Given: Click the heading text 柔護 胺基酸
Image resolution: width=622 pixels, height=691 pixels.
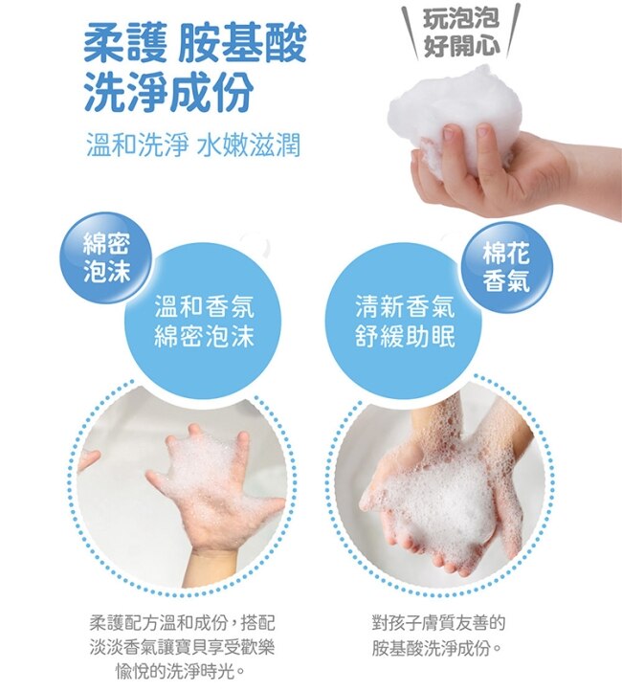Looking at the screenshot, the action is pyautogui.click(x=194, y=44).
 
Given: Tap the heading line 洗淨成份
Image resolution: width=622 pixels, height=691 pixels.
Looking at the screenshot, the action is pyautogui.click(x=168, y=92).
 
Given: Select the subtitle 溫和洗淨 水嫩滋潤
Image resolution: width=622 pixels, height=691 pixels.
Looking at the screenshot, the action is pyautogui.click(x=193, y=145).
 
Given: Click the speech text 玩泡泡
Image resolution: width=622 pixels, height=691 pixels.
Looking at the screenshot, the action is pyautogui.click(x=461, y=18).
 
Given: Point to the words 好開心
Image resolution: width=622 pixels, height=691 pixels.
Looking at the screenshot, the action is pyautogui.click(x=461, y=45).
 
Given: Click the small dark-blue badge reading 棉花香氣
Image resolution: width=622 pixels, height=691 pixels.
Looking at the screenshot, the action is pyautogui.click(x=506, y=267).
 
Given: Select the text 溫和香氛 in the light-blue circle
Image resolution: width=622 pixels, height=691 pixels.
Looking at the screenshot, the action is pyautogui.click(x=205, y=306).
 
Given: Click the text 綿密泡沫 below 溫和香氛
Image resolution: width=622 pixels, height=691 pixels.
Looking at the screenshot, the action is pyautogui.click(x=205, y=337).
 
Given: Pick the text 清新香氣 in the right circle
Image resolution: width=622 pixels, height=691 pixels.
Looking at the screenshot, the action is pyautogui.click(x=406, y=306).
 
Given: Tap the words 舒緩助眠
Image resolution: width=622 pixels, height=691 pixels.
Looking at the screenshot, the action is pyautogui.click(x=406, y=337).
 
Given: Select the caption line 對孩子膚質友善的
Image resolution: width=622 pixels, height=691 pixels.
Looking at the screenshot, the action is pyautogui.click(x=438, y=623).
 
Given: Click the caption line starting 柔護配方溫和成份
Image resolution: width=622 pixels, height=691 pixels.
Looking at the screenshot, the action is pyautogui.click(x=182, y=623).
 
